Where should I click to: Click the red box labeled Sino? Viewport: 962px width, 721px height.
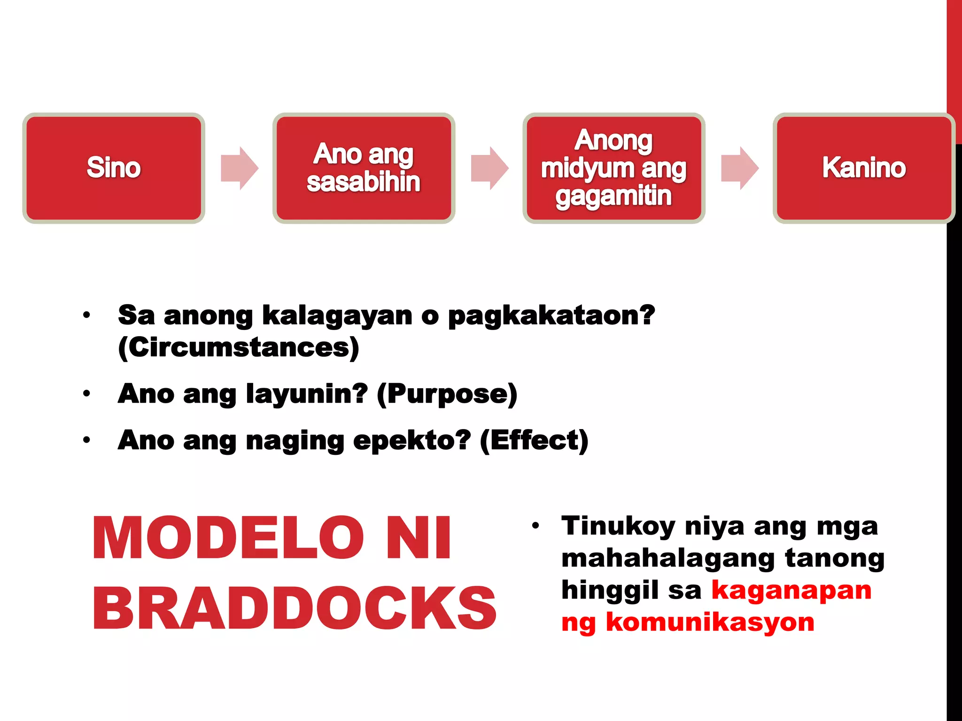click(x=114, y=168)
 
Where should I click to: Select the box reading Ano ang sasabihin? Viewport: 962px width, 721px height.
click(x=364, y=168)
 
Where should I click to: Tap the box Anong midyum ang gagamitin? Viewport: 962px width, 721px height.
click(x=613, y=168)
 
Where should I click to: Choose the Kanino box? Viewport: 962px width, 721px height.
click(x=863, y=168)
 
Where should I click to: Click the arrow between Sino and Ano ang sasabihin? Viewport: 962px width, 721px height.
click(x=240, y=168)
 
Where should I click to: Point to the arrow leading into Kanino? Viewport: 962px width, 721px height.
click(x=740, y=168)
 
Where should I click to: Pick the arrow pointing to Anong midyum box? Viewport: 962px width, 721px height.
click(x=489, y=168)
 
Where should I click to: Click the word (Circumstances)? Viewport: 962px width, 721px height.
click(x=239, y=348)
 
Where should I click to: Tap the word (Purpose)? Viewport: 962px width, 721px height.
click(x=447, y=394)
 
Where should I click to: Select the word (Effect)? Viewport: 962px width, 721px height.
click(x=534, y=441)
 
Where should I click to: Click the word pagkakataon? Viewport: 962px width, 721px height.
click(x=551, y=315)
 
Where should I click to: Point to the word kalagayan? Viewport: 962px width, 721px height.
click(x=337, y=315)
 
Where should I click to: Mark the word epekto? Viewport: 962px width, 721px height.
click(x=411, y=441)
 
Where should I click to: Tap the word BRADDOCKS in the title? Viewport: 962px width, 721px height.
click(x=294, y=608)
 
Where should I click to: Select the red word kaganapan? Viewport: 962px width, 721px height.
click(x=791, y=591)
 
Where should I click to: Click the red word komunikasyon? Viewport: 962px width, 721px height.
click(x=710, y=622)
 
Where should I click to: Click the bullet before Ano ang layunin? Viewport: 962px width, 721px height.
click(x=86, y=393)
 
